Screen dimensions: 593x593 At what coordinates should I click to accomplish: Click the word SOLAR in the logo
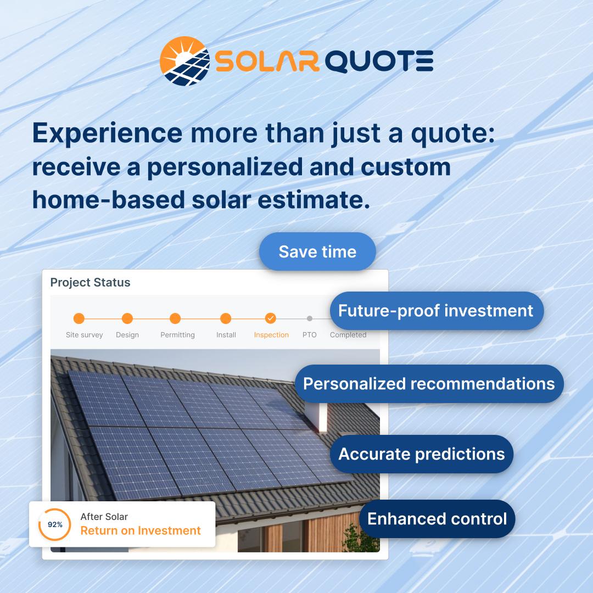pos(267,61)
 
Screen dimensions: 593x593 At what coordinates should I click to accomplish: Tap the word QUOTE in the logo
pos(379,61)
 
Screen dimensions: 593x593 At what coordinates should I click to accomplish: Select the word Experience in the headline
pos(107,133)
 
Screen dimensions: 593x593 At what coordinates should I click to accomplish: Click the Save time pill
pos(317,251)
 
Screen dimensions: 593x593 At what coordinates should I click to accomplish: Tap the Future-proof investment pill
pos(436,311)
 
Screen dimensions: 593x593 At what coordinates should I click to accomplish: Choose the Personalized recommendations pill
pos(429,383)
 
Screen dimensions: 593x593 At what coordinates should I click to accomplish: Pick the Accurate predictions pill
pos(421,454)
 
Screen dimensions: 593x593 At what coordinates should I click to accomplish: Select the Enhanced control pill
pos(437,519)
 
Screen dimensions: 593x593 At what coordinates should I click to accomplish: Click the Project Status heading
pos(91,283)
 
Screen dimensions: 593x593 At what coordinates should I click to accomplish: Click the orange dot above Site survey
pos(79,318)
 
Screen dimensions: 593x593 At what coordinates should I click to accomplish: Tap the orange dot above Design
pos(127,318)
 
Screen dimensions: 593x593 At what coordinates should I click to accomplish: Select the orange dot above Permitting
pos(175,318)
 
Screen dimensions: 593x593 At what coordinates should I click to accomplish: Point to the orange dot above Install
pos(226,318)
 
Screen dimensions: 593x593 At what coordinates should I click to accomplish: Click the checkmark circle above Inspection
pos(271,318)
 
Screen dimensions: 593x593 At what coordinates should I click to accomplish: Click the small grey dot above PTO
pos(310,318)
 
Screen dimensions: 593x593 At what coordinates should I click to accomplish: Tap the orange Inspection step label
pos(271,335)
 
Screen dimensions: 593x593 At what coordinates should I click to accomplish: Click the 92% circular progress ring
pos(55,524)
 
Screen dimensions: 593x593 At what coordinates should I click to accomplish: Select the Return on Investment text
pos(141,531)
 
